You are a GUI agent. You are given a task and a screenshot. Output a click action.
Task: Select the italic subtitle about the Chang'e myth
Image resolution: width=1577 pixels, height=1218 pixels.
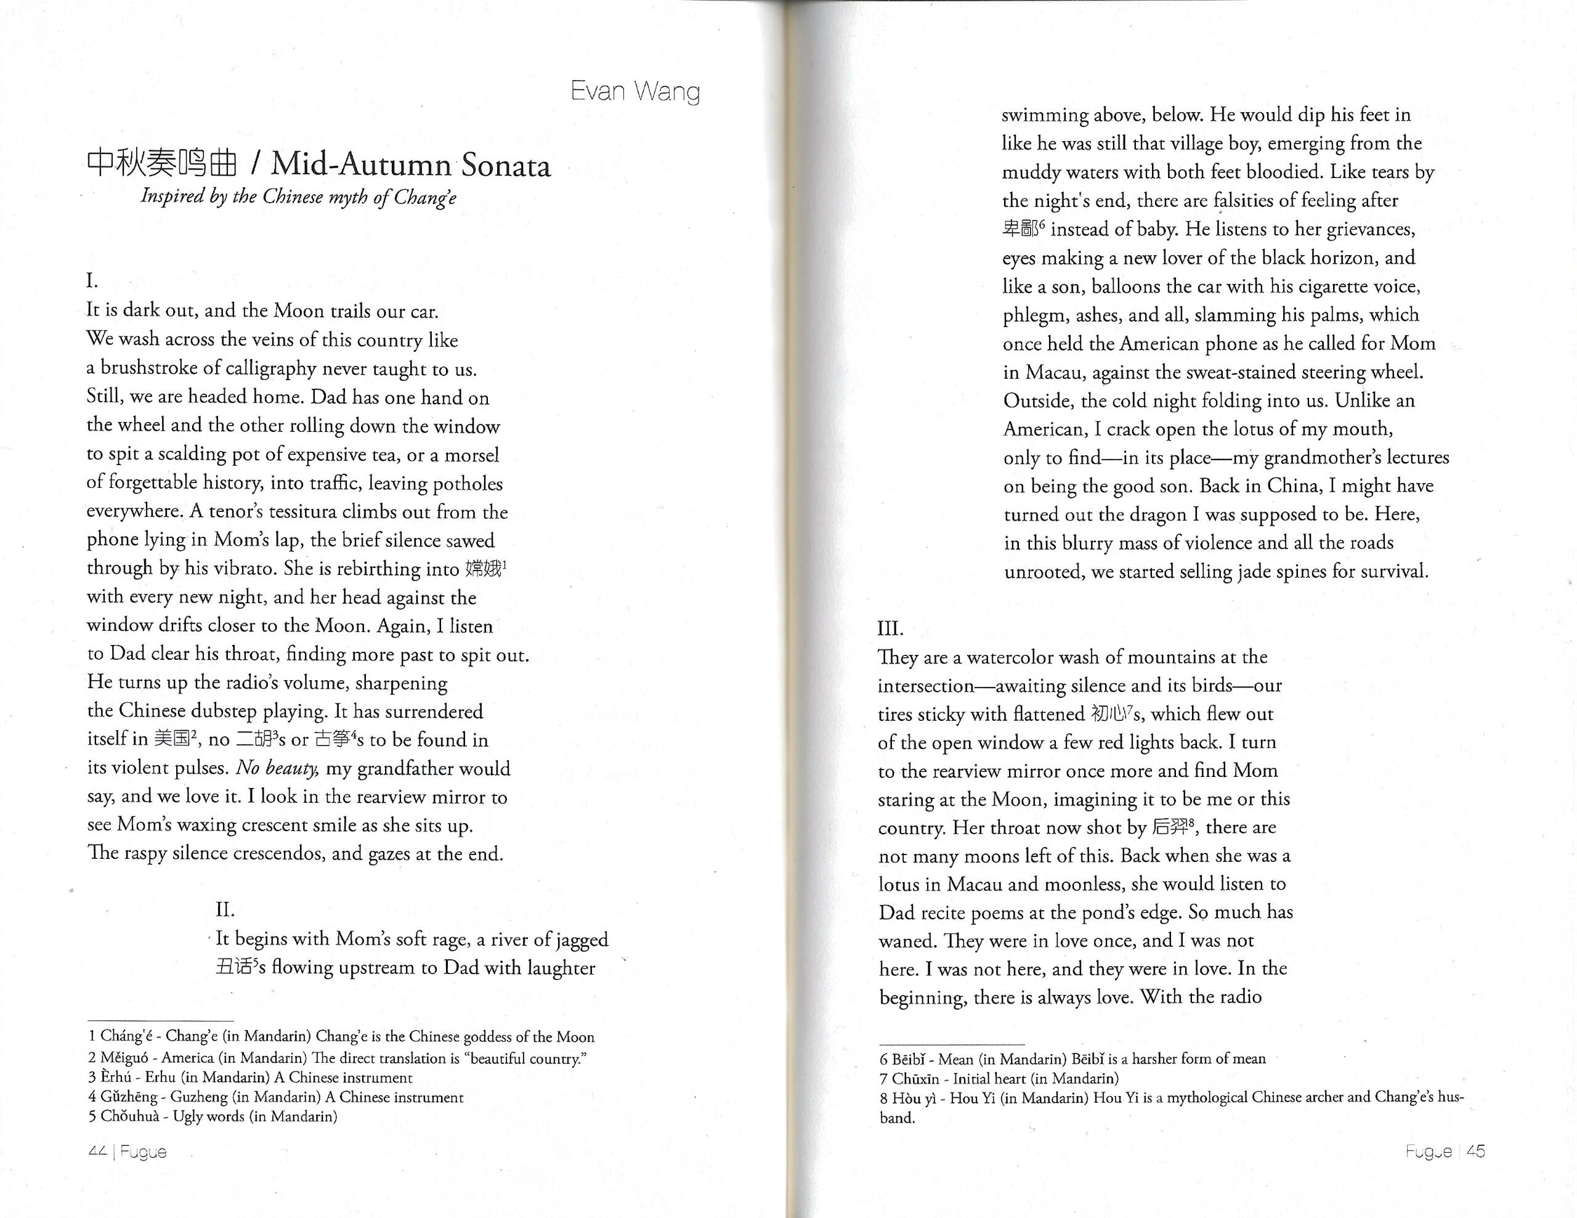(298, 197)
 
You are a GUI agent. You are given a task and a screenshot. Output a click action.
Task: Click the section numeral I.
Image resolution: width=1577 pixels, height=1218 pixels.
(92, 281)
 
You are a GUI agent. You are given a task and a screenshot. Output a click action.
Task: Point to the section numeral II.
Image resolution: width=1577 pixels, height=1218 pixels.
(225, 910)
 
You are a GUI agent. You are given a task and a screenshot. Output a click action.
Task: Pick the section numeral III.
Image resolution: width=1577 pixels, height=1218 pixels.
(890, 628)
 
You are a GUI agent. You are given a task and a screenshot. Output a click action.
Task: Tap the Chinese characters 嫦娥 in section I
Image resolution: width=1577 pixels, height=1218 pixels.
(483, 569)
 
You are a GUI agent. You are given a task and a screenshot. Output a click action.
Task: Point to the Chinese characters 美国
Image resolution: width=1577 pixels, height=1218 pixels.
(172, 739)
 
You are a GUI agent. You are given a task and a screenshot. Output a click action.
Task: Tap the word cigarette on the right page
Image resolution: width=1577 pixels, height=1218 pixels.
(1325, 286)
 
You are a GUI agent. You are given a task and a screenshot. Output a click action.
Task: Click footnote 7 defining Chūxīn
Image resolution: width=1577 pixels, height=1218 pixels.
(999, 1079)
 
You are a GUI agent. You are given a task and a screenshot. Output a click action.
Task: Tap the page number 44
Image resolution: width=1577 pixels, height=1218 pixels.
(97, 1151)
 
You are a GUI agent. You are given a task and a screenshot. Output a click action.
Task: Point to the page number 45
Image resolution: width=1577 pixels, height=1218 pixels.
(1476, 1151)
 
